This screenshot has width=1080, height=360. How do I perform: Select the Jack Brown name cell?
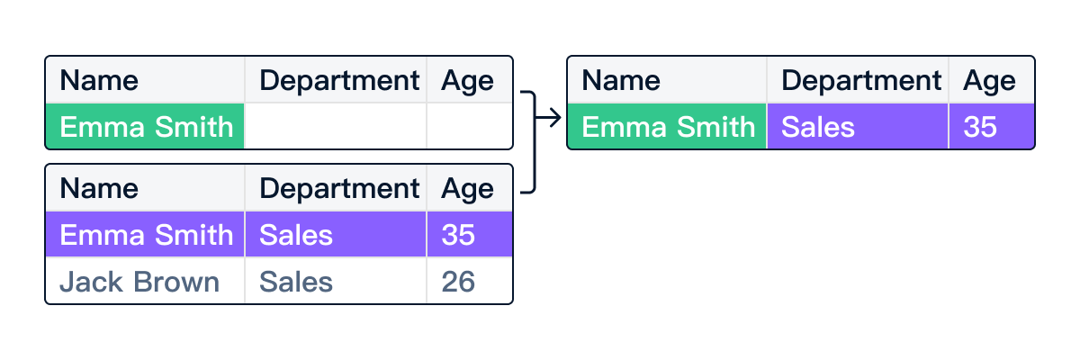point(145,282)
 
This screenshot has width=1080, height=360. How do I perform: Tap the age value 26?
point(470,282)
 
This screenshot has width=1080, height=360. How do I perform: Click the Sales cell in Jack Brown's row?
point(336,282)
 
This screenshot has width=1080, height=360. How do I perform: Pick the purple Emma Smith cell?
point(145,235)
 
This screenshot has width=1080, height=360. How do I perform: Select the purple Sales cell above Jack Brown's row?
point(336,235)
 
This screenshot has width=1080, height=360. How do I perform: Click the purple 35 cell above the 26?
point(470,235)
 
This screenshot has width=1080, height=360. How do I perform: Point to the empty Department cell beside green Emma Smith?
point(336,126)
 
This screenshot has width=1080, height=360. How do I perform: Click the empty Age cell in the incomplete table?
point(470,126)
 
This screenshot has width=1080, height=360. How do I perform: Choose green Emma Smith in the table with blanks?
point(145,126)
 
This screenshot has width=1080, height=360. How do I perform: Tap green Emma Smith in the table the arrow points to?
point(667,126)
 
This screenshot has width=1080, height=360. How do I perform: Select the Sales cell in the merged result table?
point(858,126)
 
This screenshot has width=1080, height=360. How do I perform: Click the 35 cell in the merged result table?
point(992,126)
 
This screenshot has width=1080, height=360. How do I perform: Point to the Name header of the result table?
point(667,80)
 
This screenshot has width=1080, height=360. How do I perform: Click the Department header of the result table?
point(858,80)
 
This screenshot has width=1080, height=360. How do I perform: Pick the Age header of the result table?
point(992,80)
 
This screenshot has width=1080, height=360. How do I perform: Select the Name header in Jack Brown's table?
point(145,188)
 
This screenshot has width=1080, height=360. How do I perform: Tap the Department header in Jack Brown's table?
point(336,188)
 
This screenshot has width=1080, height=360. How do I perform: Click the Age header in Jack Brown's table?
point(470,188)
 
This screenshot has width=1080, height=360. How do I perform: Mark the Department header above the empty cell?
point(336,80)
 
